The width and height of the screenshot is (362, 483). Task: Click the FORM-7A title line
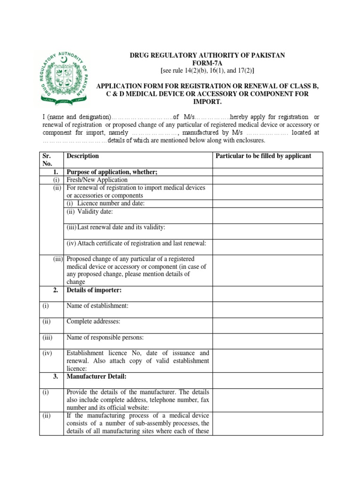coord(207,63)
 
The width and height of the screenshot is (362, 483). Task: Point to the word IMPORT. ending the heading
coord(207,102)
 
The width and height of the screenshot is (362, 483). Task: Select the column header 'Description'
coord(83,156)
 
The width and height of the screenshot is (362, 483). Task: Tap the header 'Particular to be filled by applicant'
coord(263,156)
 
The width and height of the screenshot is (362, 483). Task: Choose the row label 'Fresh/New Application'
coord(97,180)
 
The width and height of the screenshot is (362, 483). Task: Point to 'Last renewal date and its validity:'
coord(115,227)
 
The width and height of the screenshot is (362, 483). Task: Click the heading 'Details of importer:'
coord(94,290)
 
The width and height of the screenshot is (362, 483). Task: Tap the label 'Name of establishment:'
coord(98,306)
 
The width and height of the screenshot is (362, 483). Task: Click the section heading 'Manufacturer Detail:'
coord(97,376)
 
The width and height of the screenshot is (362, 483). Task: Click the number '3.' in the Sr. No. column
coord(55,376)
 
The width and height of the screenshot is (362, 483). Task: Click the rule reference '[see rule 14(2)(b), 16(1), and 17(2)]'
coord(207,71)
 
